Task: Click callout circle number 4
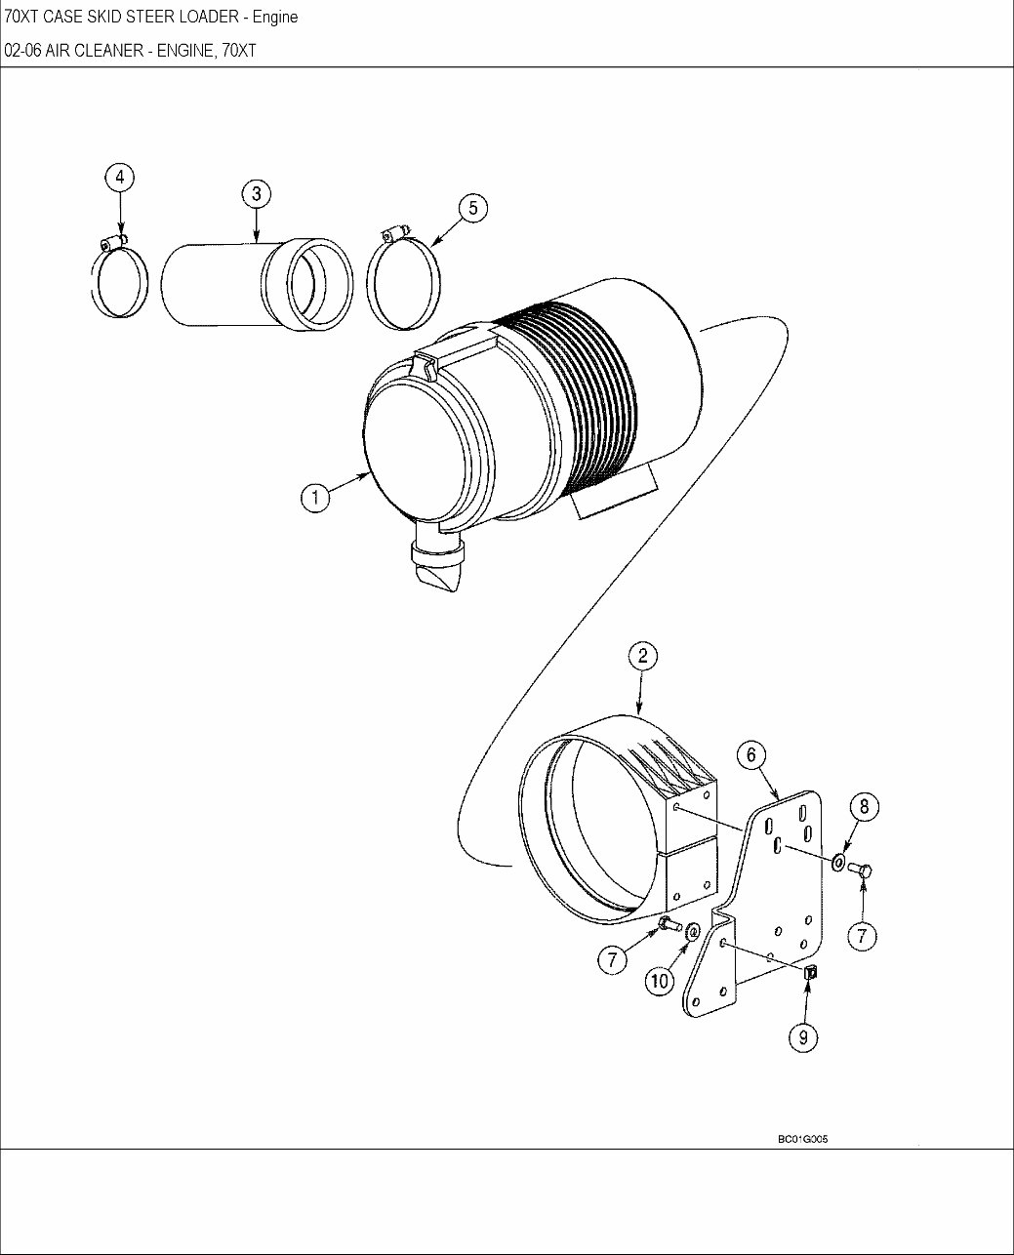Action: (x=120, y=178)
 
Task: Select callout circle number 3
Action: (x=257, y=194)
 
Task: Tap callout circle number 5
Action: (x=473, y=208)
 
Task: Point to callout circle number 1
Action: (x=315, y=498)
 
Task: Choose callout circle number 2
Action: (x=643, y=657)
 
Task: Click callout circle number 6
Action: (x=751, y=754)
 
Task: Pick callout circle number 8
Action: (x=865, y=807)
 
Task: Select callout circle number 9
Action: (x=803, y=1037)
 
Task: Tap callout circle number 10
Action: (x=660, y=981)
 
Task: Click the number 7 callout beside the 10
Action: (x=612, y=960)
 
